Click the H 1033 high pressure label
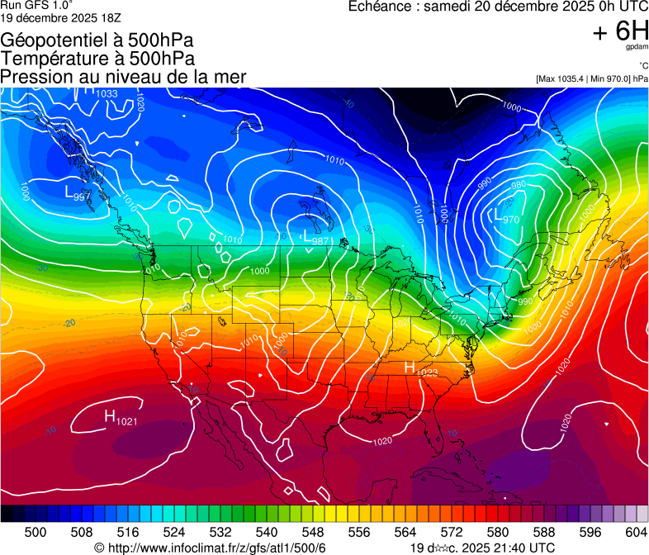[x=100, y=92]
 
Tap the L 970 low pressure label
[x=506, y=217]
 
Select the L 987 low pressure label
[x=316, y=239]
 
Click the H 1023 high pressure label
[x=420, y=369]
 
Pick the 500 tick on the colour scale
[x=36, y=531]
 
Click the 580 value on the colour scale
[x=498, y=531]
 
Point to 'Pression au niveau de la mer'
[x=123, y=77]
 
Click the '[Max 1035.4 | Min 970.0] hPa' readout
[x=591, y=78]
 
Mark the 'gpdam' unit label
[x=637, y=48]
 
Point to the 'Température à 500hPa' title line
[x=97, y=59]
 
